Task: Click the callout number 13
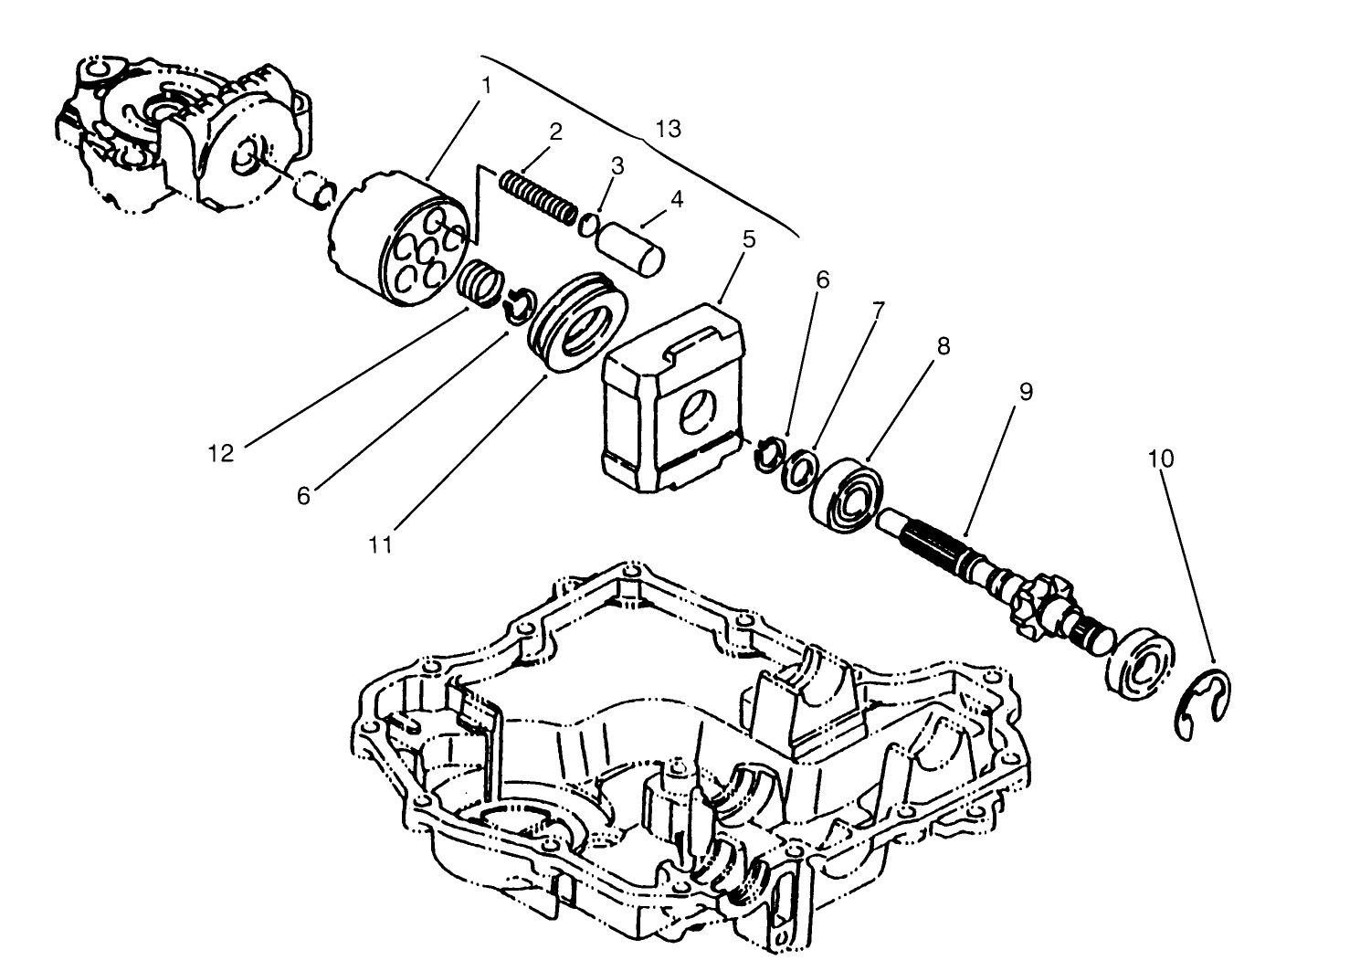[668, 129]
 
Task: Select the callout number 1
[486, 85]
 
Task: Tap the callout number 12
[220, 452]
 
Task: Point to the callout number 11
[380, 544]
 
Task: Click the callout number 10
[1160, 458]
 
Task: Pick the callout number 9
[1025, 391]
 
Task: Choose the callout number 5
[749, 239]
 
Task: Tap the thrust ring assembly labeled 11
[577, 322]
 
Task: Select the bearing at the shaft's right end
[1142, 664]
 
